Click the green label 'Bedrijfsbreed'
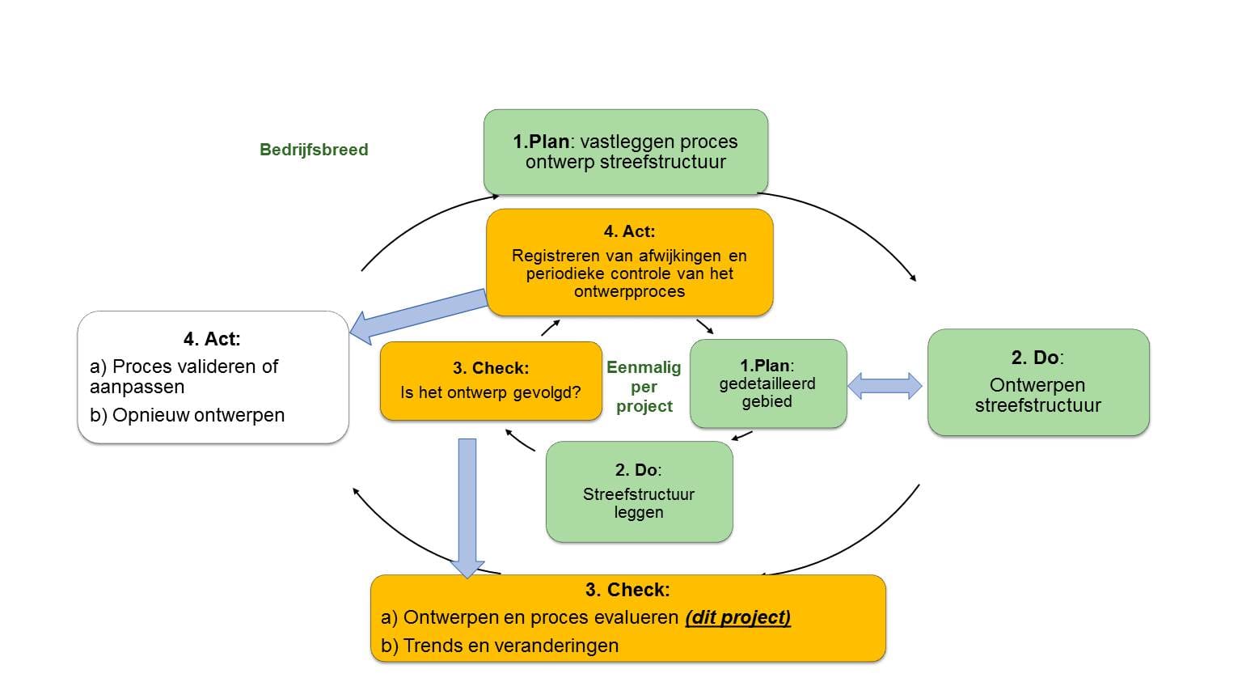pos(314,150)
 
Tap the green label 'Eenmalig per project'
pos(644,387)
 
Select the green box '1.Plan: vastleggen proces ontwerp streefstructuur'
pos(625,151)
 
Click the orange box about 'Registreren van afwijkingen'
pos(629,262)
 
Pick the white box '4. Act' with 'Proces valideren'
pos(213,377)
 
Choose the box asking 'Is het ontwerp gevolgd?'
pos(491,381)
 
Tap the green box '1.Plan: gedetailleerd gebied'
pos(768,383)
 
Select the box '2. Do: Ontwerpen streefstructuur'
pos(1038,382)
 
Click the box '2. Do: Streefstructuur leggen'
pos(639,492)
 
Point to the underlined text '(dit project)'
pos(738,617)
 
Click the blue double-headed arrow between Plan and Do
pos(885,386)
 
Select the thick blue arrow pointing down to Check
pos(467,508)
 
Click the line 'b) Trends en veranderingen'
pos(500,646)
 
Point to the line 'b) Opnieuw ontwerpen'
pos(187,415)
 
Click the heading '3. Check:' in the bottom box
pos(627,590)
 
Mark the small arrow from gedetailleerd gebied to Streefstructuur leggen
pos(741,436)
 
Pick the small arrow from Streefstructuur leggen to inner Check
pos(520,440)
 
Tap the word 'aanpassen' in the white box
pos(137,387)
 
